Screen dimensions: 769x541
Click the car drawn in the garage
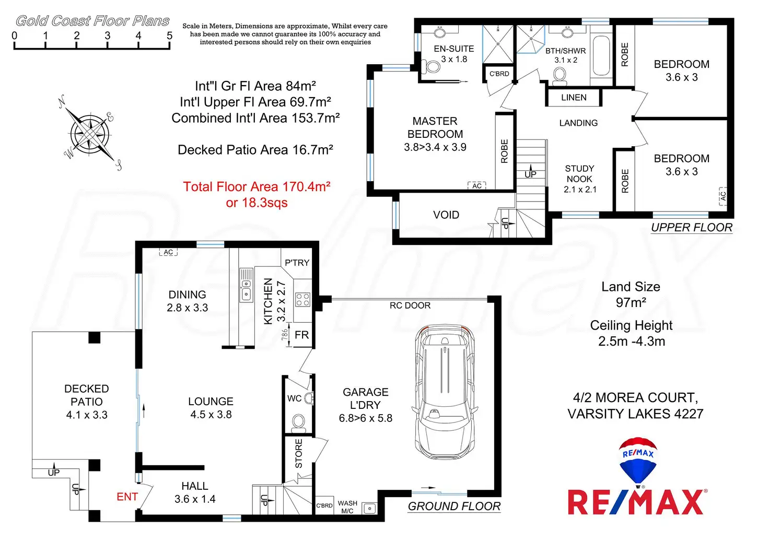(445, 395)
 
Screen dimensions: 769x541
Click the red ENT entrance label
(127, 497)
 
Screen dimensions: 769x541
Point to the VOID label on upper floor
(446, 215)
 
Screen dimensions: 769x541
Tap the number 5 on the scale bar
(169, 36)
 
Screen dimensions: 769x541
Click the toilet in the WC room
(299, 422)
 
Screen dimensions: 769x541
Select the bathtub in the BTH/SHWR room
(602, 55)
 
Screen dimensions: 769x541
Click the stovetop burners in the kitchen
(303, 299)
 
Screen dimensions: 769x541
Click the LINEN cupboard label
(574, 98)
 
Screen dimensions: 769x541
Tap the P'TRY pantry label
(297, 263)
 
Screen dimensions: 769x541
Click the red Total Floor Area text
(257, 194)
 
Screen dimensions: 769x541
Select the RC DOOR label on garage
(410, 305)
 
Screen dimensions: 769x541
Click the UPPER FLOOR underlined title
(692, 228)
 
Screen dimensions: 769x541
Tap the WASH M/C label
(347, 507)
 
